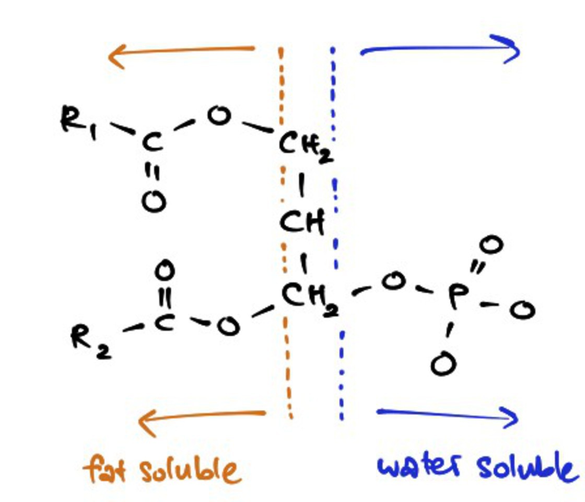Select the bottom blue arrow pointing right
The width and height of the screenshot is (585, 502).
tap(447, 416)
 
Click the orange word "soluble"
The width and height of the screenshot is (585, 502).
tap(191, 469)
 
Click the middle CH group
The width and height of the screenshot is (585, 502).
tap(302, 223)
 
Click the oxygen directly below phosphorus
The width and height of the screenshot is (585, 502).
tap(443, 364)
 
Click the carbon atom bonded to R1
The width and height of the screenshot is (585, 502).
tap(152, 144)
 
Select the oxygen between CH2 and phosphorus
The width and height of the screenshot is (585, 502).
tap(393, 283)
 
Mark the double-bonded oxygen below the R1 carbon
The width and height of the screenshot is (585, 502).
tap(154, 201)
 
